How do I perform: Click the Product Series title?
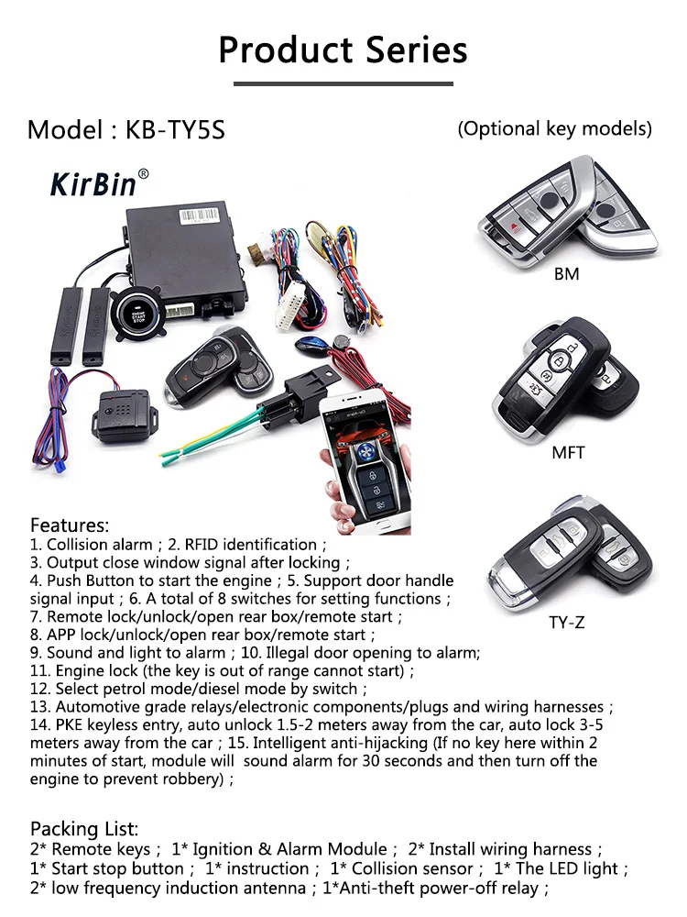tap(343, 50)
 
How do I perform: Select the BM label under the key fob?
tap(566, 274)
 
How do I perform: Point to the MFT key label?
tap(568, 452)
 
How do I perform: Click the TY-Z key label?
tap(566, 623)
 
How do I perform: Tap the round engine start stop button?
tap(127, 319)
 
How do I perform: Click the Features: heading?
tap(70, 525)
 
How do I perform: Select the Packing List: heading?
tap(84, 829)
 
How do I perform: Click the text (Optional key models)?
tap(555, 128)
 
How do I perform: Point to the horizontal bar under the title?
tap(343, 83)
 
